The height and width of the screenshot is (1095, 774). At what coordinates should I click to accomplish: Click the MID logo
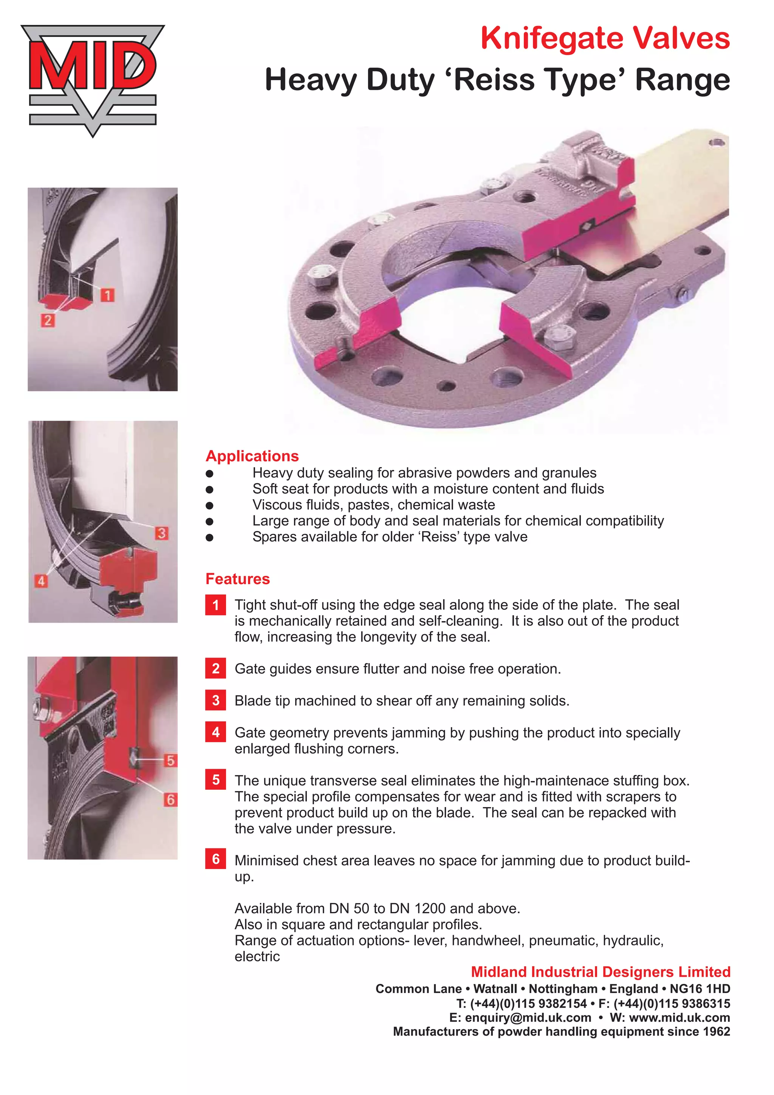click(93, 80)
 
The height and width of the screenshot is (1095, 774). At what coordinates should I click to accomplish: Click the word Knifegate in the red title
click(552, 39)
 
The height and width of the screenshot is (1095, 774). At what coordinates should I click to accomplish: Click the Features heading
click(237, 578)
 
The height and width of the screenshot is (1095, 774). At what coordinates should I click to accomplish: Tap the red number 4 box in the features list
click(215, 732)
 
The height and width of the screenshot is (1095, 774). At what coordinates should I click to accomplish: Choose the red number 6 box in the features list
click(215, 859)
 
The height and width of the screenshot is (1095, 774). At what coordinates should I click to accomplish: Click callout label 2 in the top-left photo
click(47, 320)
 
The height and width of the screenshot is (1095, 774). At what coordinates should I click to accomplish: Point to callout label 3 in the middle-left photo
click(161, 533)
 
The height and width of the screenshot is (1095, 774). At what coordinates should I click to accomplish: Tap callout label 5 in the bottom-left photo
click(170, 760)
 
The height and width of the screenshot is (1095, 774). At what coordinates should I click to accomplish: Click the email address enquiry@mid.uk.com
click(528, 1018)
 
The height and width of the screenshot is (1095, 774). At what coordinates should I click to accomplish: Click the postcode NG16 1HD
click(700, 989)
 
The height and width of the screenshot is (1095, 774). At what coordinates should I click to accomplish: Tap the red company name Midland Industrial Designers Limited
click(601, 972)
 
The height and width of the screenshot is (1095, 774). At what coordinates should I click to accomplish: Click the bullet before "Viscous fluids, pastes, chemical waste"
click(209, 506)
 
